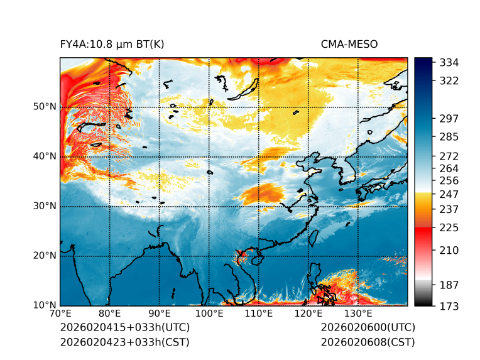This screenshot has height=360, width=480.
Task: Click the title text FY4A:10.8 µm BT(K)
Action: [112, 44]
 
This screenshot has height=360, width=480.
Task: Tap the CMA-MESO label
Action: [349, 44]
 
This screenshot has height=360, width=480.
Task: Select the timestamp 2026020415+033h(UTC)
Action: [124, 328]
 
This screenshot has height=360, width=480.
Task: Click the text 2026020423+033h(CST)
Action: [124, 342]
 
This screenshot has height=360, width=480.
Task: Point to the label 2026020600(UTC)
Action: [368, 328]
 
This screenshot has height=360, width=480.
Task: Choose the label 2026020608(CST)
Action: [368, 342]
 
